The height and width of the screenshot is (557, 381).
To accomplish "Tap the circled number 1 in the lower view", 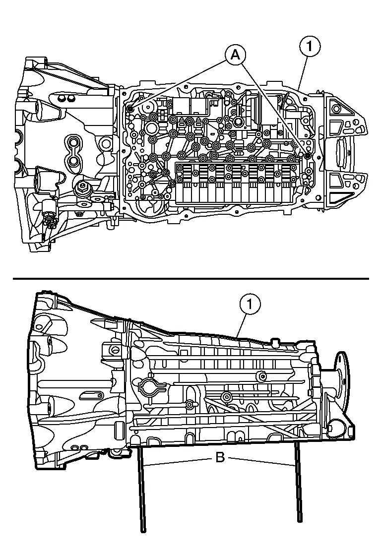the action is click(x=250, y=305).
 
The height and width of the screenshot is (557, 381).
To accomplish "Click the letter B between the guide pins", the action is click(x=220, y=457).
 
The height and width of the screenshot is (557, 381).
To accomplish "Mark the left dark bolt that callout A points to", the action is click(x=130, y=109).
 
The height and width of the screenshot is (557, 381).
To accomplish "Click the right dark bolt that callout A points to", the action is click(x=308, y=156).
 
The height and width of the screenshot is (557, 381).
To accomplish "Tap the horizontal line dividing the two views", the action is click(x=191, y=279).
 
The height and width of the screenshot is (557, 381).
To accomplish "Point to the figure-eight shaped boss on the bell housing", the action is click(x=73, y=151).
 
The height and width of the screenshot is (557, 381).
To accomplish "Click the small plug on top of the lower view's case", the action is click(x=273, y=341).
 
